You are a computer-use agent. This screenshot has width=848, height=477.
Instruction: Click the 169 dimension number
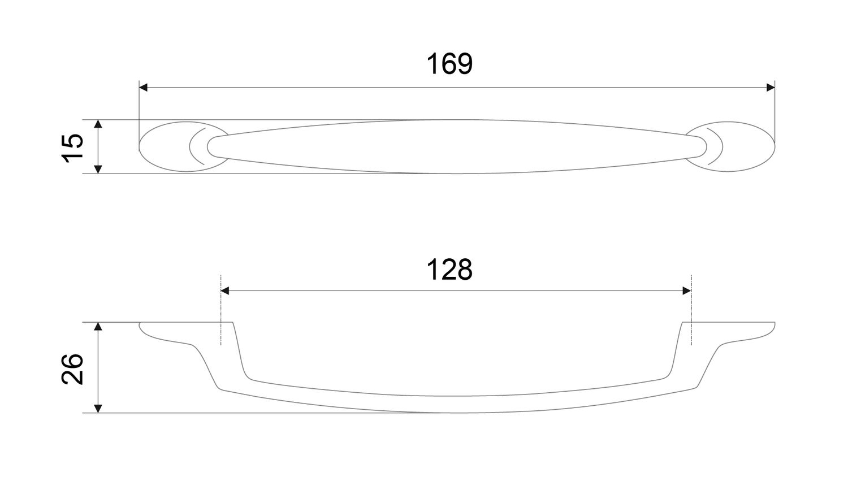(x=449, y=64)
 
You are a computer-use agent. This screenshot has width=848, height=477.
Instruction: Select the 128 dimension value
(x=449, y=270)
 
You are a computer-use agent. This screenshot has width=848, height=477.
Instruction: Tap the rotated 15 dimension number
(x=72, y=148)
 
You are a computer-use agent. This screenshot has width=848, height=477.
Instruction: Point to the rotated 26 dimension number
(x=72, y=368)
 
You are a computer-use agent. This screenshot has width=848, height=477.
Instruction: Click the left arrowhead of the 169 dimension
(x=143, y=88)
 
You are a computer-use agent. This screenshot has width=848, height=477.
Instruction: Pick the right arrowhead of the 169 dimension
(x=771, y=88)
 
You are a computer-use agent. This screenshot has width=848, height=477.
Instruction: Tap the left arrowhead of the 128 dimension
(x=225, y=290)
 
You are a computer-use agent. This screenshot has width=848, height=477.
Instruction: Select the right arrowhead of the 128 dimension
(x=687, y=290)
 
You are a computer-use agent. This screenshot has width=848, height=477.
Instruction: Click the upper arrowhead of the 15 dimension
(x=98, y=124)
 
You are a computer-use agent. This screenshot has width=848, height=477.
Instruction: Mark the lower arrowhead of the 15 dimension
(x=98, y=169)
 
